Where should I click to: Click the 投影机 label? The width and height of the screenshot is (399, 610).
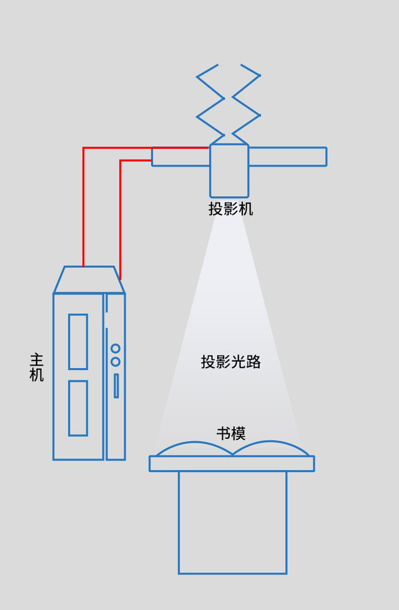click(230, 209)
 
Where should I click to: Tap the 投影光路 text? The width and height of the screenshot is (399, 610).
click(230, 362)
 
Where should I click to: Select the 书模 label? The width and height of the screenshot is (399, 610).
click(231, 433)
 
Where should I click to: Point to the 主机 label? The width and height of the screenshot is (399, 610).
click(36, 367)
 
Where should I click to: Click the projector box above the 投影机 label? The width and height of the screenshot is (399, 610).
click(229, 171)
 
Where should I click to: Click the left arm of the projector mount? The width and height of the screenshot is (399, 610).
click(180, 157)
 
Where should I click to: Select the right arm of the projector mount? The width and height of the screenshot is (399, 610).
click(287, 157)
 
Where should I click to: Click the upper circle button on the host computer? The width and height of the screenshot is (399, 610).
click(115, 349)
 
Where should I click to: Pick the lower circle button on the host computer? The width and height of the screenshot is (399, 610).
click(115, 362)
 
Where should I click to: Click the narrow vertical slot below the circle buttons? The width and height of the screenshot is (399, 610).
click(116, 386)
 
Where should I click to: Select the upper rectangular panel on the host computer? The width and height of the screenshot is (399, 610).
click(78, 341)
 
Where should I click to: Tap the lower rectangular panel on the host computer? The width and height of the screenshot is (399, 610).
click(78, 408)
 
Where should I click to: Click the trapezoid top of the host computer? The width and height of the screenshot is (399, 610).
click(89, 280)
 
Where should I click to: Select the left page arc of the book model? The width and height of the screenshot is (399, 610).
click(194, 446)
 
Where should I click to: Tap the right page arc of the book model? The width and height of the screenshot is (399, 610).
click(270, 446)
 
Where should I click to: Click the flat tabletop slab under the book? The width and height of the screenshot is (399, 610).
click(231, 464)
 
